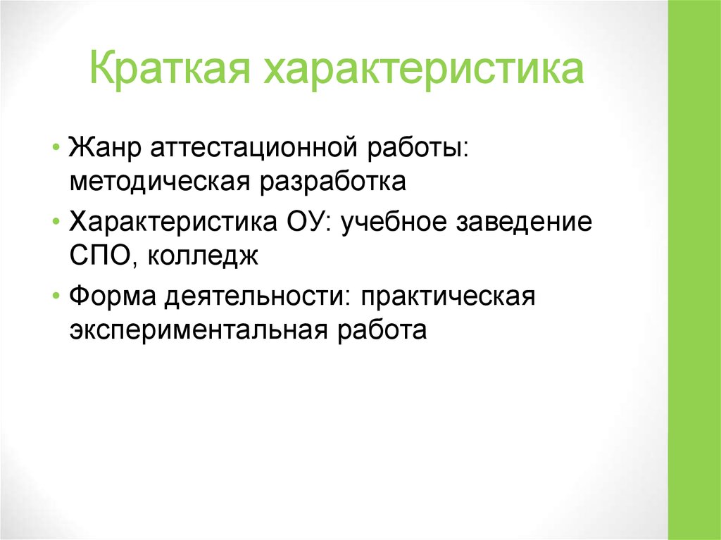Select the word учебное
(396, 224)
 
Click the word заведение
(529, 224)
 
